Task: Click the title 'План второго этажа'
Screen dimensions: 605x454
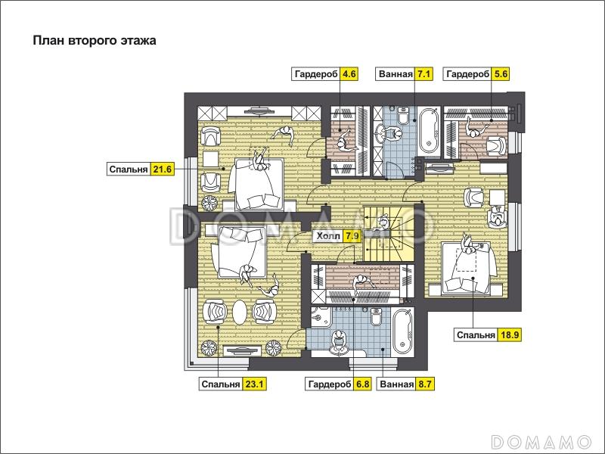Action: (95, 41)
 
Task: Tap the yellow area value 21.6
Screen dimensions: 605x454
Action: (162, 169)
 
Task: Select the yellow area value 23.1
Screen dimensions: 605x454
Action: (254, 384)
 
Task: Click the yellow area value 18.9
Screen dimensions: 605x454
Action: (509, 334)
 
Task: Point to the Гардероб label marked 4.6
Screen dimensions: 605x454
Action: (316, 74)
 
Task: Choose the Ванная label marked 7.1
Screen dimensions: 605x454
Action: (396, 74)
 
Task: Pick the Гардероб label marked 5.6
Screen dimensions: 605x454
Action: (467, 74)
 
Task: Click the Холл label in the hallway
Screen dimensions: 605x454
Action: (328, 235)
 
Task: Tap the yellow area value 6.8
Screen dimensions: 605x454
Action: (363, 384)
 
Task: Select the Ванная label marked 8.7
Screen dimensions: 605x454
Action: (396, 384)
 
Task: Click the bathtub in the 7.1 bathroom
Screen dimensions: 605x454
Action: (429, 131)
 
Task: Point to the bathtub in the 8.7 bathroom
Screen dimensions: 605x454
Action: (403, 332)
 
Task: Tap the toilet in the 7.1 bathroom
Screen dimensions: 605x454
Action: (403, 116)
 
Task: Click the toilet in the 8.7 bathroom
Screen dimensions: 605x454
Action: (376, 316)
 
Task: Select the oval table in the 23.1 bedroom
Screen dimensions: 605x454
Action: (240, 313)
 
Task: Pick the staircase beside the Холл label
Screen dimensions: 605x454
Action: (389, 234)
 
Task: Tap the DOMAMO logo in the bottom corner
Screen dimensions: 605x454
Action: (541, 441)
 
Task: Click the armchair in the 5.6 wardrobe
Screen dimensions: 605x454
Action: (497, 146)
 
